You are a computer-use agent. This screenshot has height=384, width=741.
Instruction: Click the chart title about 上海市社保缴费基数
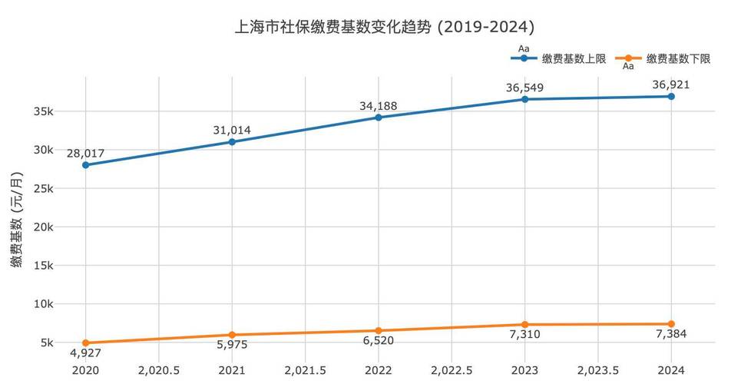pos(384,27)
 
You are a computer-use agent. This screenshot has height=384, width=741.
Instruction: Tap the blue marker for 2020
pos(85,165)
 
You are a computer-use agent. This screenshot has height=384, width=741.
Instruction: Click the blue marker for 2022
pos(379,118)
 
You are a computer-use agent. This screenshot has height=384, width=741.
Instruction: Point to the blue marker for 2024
pos(671,96)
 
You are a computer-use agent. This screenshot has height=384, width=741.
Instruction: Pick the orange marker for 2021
pos(232,335)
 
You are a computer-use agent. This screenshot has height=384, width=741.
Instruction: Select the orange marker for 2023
pos(524,325)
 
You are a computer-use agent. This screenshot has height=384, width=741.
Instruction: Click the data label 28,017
pos(85,153)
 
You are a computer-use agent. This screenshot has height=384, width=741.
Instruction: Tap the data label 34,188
pos(379,105)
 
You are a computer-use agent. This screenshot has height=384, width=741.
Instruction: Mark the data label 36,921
pos(671,84)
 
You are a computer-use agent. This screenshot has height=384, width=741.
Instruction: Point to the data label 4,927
pos(85,355)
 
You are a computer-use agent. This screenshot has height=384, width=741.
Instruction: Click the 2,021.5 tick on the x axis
pos(305,369)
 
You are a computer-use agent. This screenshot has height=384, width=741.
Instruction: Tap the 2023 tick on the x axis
pos(524,369)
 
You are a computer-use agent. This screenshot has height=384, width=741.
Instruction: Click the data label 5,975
pos(232,347)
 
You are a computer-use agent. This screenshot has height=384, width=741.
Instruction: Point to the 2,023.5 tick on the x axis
pos(598,369)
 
